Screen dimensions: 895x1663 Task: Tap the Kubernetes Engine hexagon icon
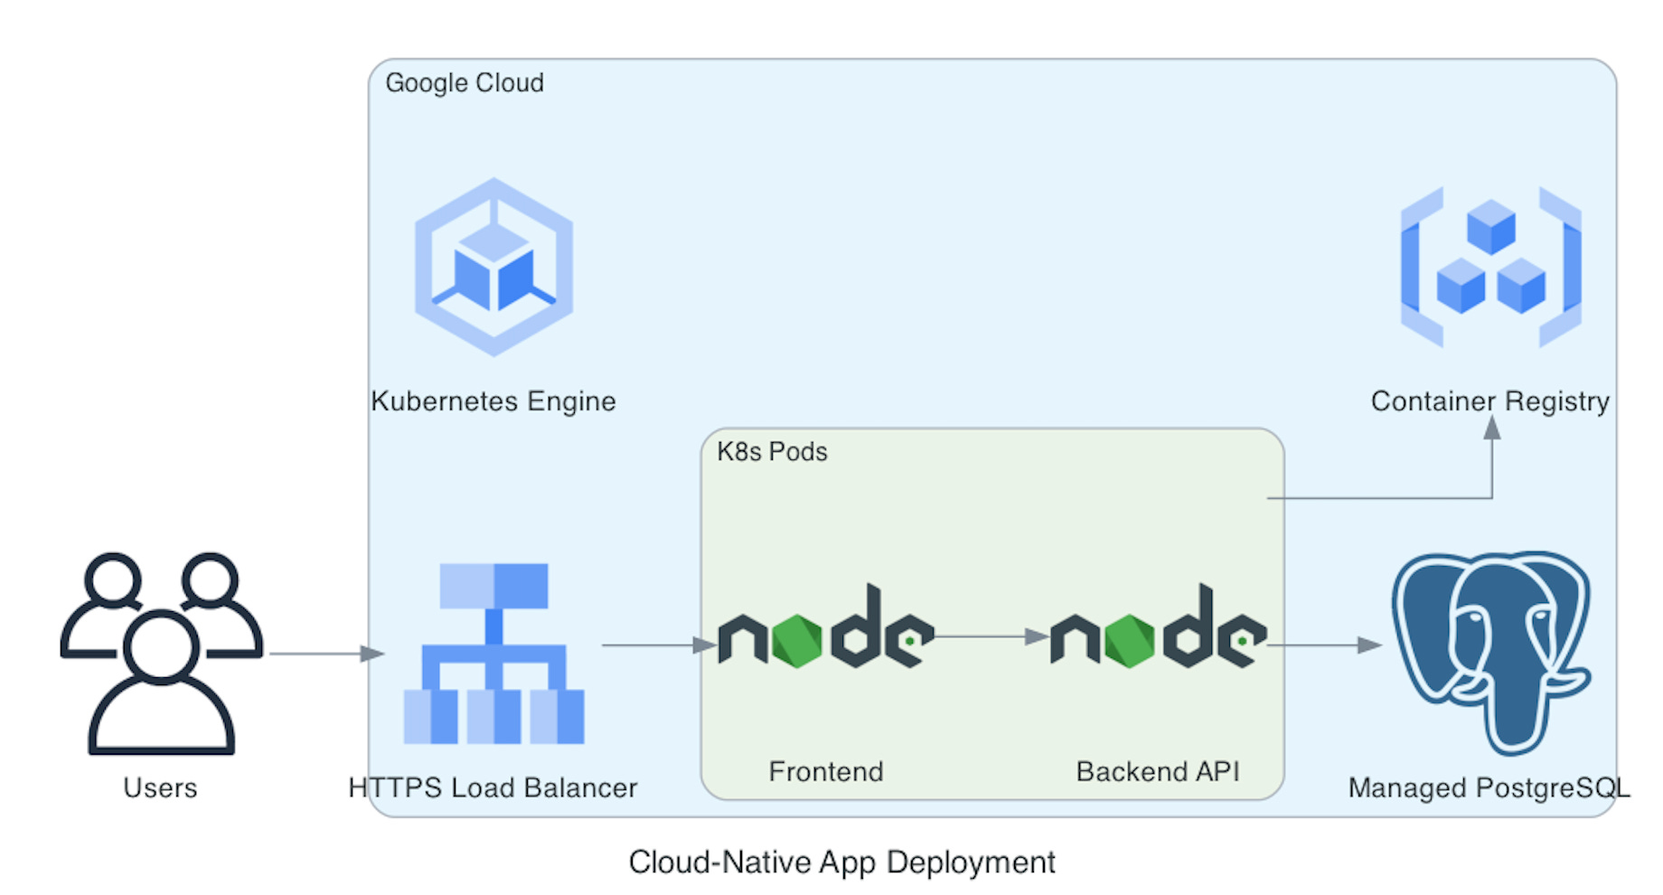pyautogui.click(x=493, y=268)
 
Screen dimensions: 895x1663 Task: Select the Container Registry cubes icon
pyautogui.click(x=1490, y=268)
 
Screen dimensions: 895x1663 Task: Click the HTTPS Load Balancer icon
pyautogui.click(x=493, y=653)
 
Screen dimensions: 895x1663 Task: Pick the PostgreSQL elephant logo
pyautogui.click(x=1490, y=651)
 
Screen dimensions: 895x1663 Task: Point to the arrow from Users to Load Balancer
pyautogui.click(x=325, y=653)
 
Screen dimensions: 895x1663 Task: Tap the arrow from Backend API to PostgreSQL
pyautogui.click(x=1324, y=645)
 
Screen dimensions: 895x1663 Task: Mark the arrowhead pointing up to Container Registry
pyautogui.click(x=1492, y=428)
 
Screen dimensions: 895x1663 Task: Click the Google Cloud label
pyautogui.click(x=465, y=83)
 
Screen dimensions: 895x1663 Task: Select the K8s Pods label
pyautogui.click(x=772, y=452)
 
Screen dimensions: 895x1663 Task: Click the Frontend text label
pyautogui.click(x=825, y=772)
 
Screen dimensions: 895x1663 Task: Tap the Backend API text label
pyautogui.click(x=1158, y=772)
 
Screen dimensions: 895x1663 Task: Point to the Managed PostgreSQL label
pyautogui.click(x=1489, y=788)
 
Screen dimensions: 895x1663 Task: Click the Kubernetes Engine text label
pyautogui.click(x=493, y=401)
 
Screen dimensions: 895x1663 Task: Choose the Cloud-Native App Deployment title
pyautogui.click(x=841, y=862)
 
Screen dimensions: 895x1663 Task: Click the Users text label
pyautogui.click(x=161, y=788)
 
